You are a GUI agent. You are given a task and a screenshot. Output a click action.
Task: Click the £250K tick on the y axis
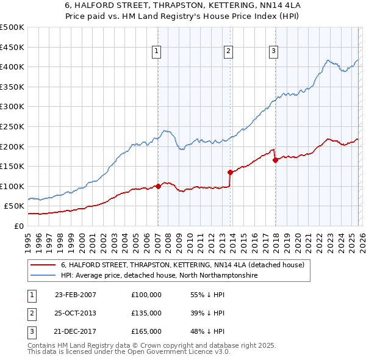click(x=12, y=126)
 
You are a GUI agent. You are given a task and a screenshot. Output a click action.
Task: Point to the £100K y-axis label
click(x=12, y=186)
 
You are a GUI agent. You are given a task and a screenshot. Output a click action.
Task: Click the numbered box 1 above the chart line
click(x=157, y=51)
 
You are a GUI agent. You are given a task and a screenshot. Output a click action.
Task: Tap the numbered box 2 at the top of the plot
click(x=228, y=51)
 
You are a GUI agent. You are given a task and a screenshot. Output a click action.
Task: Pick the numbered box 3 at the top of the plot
click(x=274, y=51)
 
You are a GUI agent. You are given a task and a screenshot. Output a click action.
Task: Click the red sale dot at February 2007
click(x=158, y=186)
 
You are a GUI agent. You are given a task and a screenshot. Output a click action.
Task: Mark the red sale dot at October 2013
click(x=230, y=172)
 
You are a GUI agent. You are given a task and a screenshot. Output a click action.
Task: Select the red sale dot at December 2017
click(x=275, y=160)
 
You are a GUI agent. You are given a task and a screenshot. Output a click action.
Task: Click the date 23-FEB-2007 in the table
click(x=76, y=294)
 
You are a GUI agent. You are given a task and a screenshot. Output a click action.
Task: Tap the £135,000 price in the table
click(x=146, y=313)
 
